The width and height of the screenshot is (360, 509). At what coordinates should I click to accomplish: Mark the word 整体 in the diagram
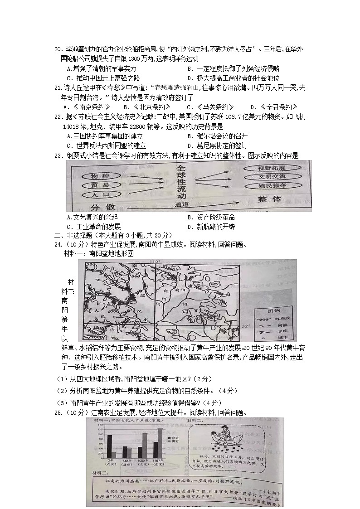(270, 199)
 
